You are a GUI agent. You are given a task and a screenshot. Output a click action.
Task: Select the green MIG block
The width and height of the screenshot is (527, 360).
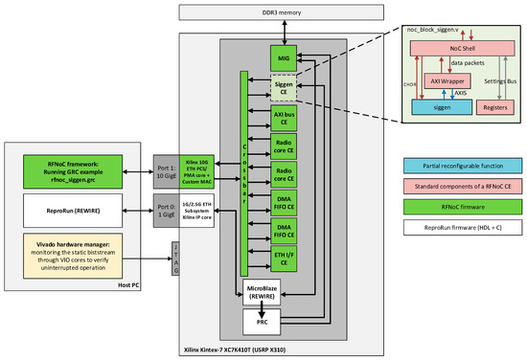[283, 59]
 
